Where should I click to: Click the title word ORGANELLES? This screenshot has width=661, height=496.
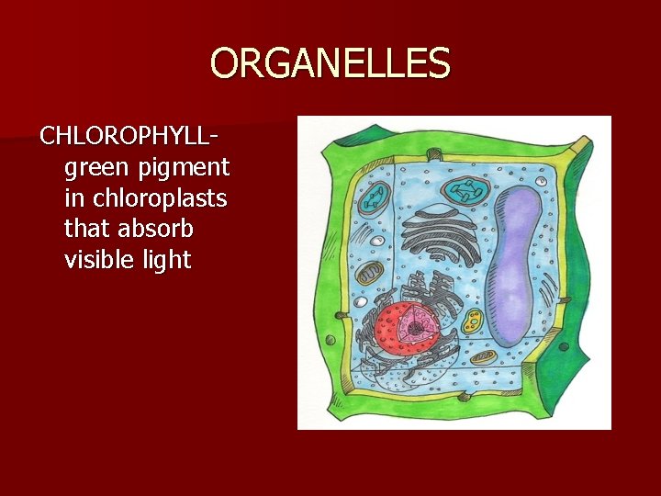coord(330,64)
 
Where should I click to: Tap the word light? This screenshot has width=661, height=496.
coord(166,260)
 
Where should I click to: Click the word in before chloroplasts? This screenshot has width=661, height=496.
coord(75,198)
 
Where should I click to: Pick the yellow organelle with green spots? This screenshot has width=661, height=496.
coord(474,321)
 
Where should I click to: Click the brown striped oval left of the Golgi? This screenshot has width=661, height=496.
coord(371,274)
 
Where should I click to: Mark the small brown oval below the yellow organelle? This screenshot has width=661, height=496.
coord(484,357)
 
